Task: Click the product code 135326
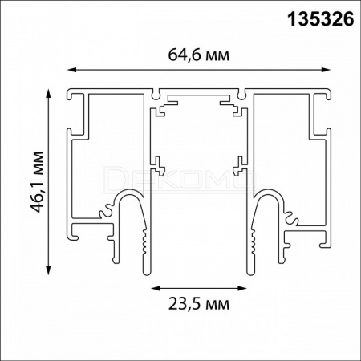(x=320, y=20)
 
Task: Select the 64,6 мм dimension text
(x=199, y=55)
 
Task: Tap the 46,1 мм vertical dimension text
(x=37, y=182)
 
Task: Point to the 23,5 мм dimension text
(x=199, y=304)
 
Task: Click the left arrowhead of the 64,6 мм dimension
(x=71, y=70)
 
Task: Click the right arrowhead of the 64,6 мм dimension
(x=326, y=70)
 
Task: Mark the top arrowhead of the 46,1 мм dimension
(x=48, y=94)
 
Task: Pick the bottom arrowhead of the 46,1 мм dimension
(x=48, y=270)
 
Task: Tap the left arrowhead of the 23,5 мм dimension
(x=156, y=288)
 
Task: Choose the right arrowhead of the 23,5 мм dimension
(x=241, y=288)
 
